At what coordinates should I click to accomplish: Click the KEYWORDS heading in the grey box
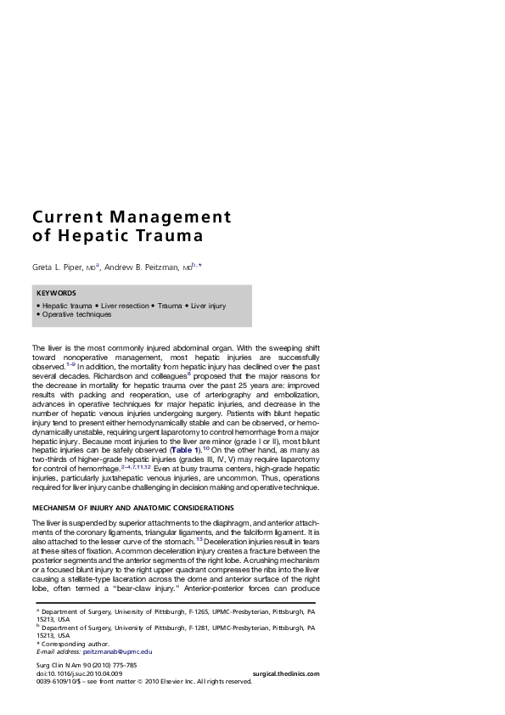coord(56,293)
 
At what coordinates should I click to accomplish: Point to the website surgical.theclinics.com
coord(286,673)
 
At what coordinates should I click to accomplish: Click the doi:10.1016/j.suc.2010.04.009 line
coord(73,673)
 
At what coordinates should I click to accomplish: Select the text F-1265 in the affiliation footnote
coord(185,611)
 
